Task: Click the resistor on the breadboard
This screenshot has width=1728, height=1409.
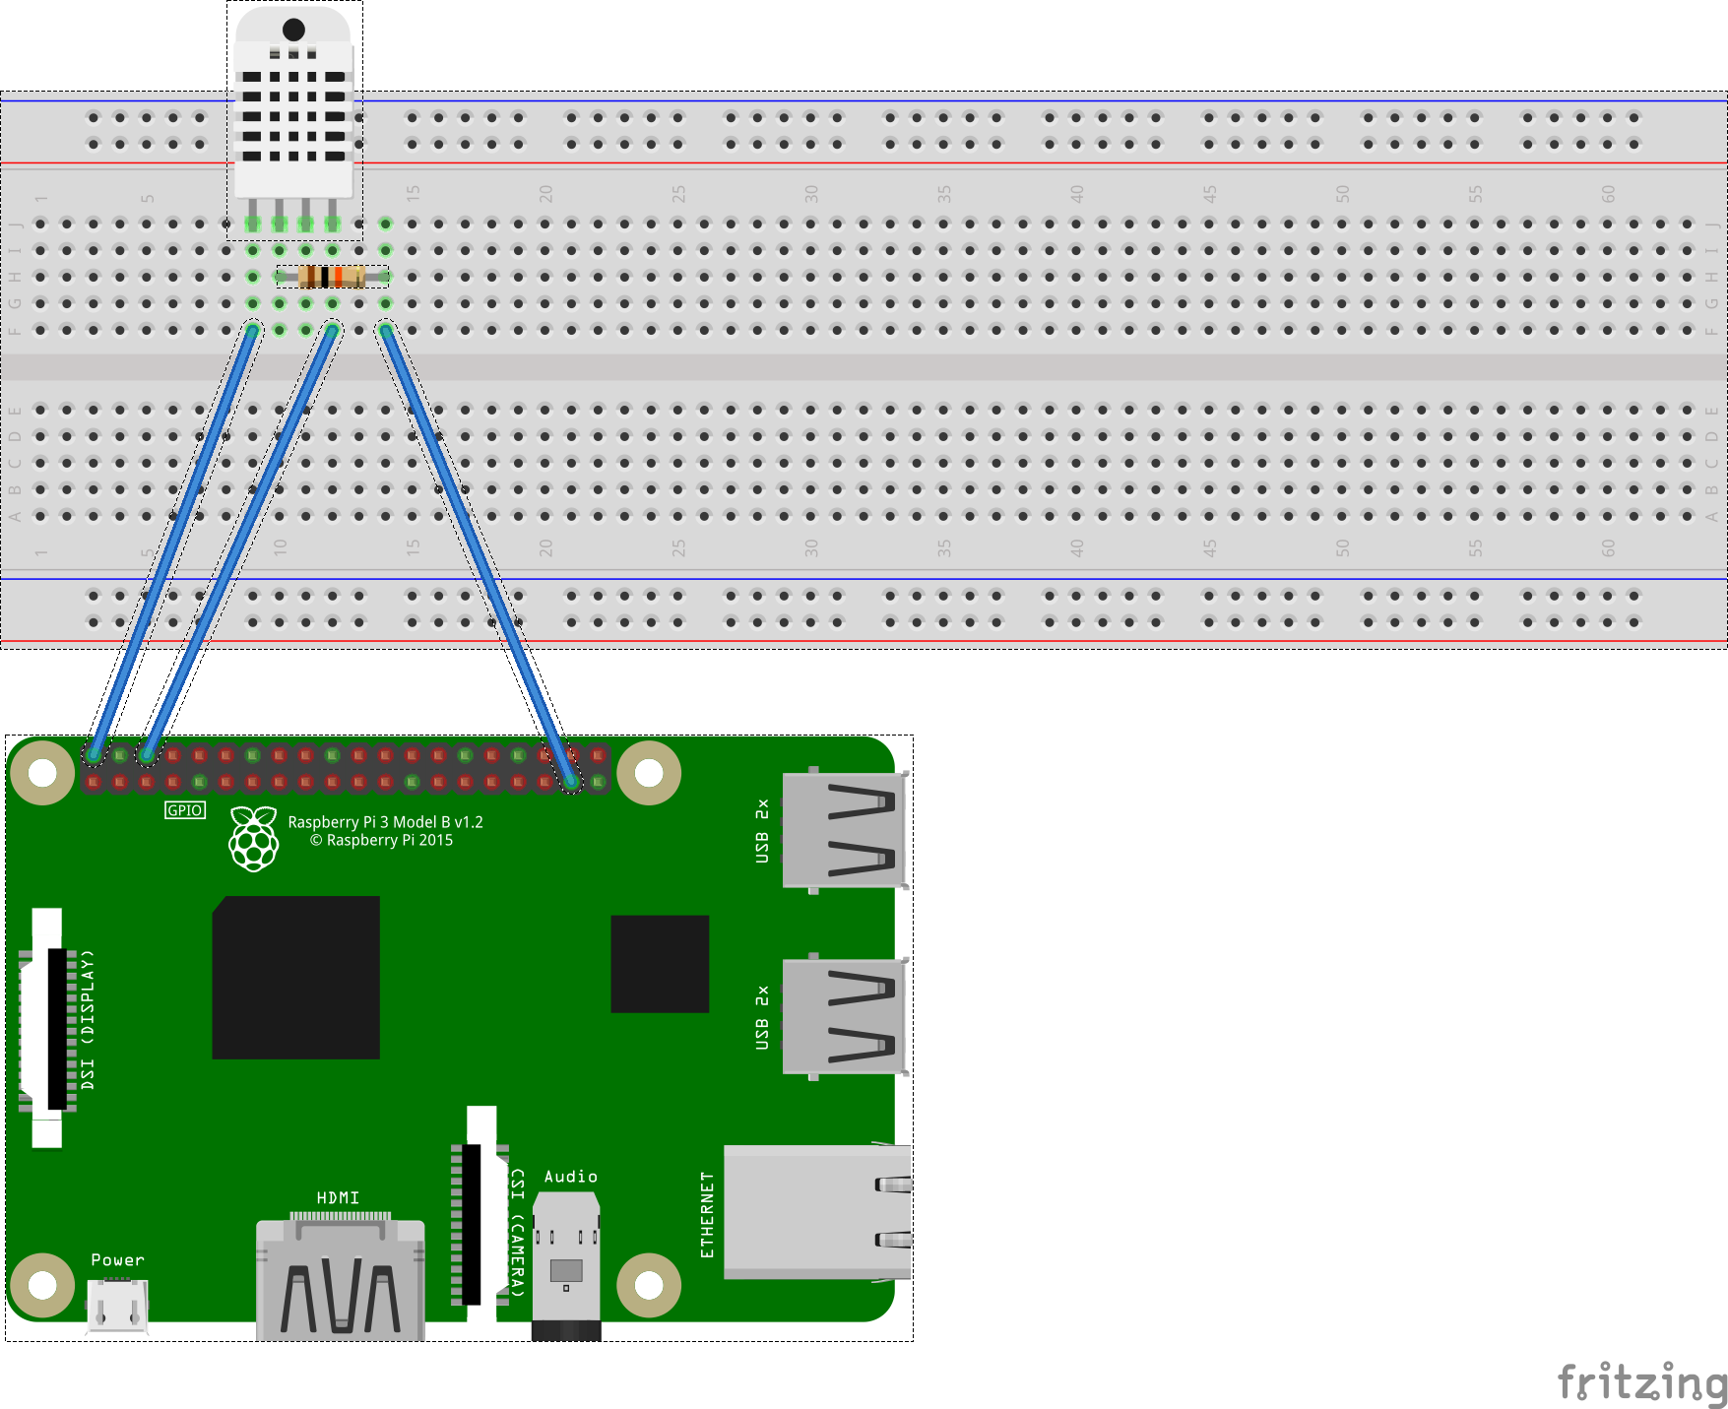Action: pyautogui.click(x=332, y=277)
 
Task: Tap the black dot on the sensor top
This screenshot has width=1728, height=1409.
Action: pyautogui.click(x=293, y=30)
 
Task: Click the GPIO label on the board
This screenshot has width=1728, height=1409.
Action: pyautogui.click(x=185, y=810)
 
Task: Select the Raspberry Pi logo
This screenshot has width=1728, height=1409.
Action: pyautogui.click(x=254, y=839)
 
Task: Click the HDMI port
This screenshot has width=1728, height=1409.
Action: pyautogui.click(x=340, y=1280)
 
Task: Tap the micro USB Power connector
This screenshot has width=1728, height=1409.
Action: pyautogui.click(x=117, y=1306)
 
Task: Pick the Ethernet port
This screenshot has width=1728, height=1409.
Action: pyautogui.click(x=817, y=1212)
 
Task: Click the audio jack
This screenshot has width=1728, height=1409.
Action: pyautogui.click(x=566, y=1265)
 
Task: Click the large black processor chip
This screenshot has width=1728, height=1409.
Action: pyautogui.click(x=296, y=978)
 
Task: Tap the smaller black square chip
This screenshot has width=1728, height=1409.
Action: pyautogui.click(x=660, y=964)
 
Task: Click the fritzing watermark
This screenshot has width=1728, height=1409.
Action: pyautogui.click(x=1641, y=1382)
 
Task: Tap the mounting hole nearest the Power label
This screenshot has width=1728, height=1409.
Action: pyautogui.click(x=42, y=1285)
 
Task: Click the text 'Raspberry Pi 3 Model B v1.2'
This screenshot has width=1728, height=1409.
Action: pyautogui.click(x=385, y=822)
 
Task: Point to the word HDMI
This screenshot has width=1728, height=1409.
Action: pyautogui.click(x=338, y=1197)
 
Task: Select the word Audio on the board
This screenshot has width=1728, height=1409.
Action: pyautogui.click(x=571, y=1177)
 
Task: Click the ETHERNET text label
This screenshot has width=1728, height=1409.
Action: pyautogui.click(x=707, y=1215)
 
